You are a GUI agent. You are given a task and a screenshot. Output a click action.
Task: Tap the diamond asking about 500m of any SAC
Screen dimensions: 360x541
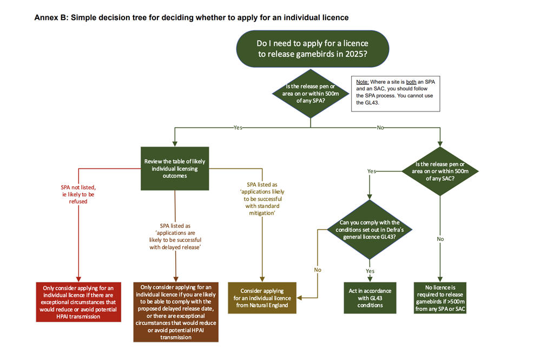tap(440, 171)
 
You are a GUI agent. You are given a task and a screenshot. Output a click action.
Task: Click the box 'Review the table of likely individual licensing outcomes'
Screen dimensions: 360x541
tap(175, 168)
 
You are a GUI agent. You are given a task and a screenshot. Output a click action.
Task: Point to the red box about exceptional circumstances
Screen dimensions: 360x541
tap(78, 302)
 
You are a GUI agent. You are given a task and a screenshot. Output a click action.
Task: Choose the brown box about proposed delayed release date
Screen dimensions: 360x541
tap(176, 311)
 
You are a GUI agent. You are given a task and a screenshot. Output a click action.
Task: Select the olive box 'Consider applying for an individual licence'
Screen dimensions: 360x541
tap(262, 298)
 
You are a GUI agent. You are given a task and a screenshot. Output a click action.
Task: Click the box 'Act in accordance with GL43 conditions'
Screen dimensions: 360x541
tap(370, 298)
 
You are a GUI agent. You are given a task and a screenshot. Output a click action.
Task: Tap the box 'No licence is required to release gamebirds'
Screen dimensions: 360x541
tap(440, 298)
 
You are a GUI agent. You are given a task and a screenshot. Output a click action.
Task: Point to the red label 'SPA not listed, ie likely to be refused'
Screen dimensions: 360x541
tap(78, 194)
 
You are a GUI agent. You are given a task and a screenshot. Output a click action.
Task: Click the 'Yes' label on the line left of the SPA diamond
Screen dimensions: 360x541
tap(237, 128)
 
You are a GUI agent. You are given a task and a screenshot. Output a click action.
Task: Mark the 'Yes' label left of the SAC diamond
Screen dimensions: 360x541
tap(372, 171)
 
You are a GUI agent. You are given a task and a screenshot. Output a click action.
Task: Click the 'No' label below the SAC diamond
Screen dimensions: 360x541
tap(440, 239)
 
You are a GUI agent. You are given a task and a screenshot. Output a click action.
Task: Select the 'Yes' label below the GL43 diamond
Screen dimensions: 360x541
tap(370, 271)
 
